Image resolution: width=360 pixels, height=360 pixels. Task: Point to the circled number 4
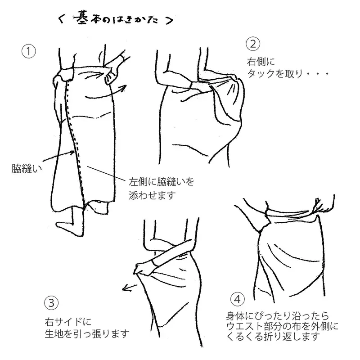(x=237, y=299)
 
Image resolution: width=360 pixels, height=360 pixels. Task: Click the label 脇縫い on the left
(x=25, y=169)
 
